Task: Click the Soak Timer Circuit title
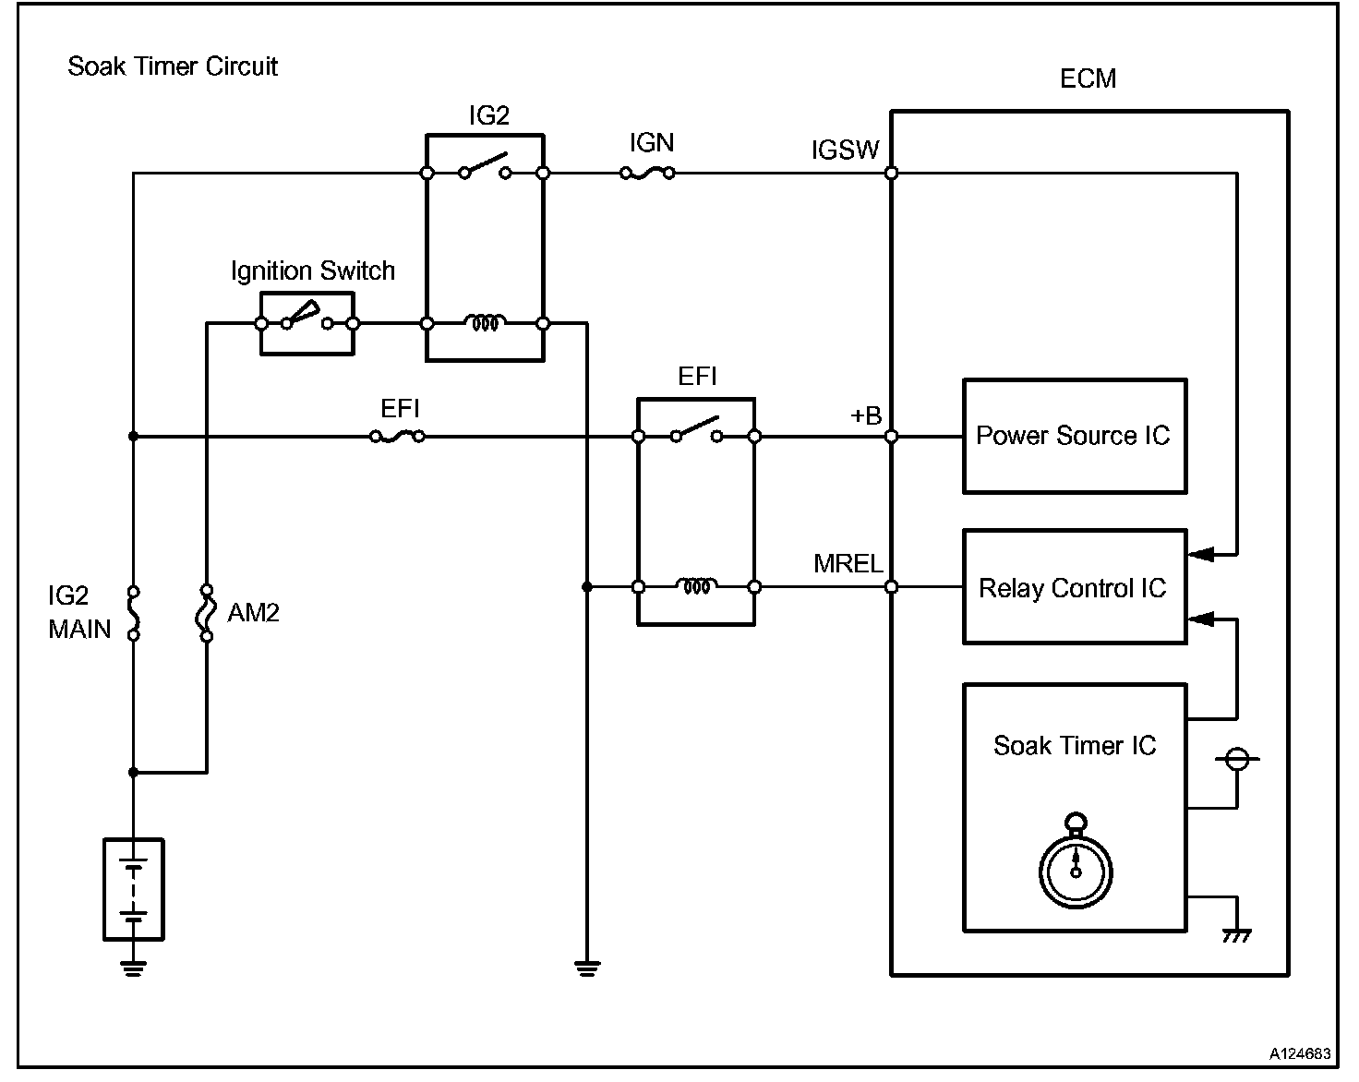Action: coord(173,66)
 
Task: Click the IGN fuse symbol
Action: coord(647,173)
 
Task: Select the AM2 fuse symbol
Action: coord(206,613)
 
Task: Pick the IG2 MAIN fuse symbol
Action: coord(133,613)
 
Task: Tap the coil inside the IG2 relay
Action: coord(485,322)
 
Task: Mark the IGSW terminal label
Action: coord(845,150)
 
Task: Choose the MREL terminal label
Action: coord(848,563)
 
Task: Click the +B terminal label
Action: coord(866,415)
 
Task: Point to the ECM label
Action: coord(1088,79)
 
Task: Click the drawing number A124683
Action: coord(1300,1053)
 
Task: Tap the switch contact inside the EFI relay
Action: coord(696,429)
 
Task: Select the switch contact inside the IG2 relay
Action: coord(485,165)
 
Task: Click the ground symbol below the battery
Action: coord(133,968)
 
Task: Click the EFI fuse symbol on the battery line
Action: coord(397,437)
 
